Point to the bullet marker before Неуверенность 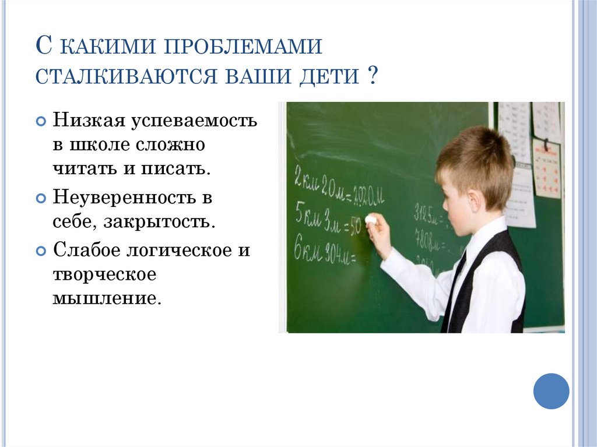[40, 199]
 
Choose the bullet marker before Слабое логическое [40, 251]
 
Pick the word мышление [106, 299]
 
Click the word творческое [104, 274]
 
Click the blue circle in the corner [551, 390]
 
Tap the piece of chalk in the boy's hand [371, 220]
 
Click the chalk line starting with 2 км [338, 193]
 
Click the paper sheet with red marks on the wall [547, 169]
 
